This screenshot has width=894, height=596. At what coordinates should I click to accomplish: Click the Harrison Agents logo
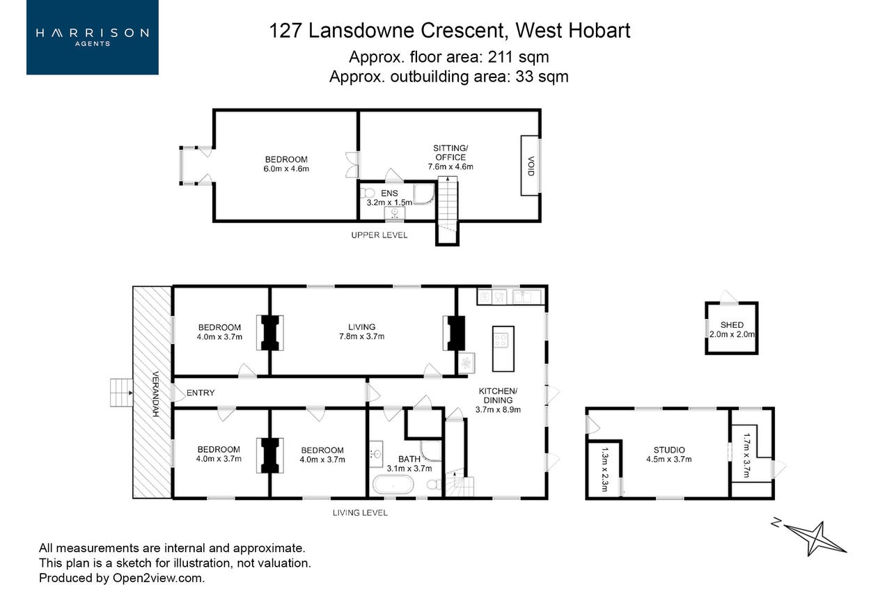(93, 37)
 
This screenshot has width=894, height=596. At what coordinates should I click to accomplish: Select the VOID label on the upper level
(531, 166)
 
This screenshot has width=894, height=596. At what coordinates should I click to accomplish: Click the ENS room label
(389, 193)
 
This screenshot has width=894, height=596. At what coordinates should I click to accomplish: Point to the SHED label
(732, 325)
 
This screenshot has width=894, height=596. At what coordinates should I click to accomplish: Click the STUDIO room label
(669, 450)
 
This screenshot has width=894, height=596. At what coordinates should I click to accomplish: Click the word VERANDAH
(156, 394)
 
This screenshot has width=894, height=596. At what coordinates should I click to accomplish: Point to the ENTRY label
(201, 393)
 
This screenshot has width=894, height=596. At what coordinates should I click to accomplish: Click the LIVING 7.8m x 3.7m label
(361, 331)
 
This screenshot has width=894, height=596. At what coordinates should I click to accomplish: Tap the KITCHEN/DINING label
(498, 400)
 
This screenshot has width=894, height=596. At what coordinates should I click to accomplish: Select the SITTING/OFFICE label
(450, 157)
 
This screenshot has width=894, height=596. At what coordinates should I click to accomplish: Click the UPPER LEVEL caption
(379, 235)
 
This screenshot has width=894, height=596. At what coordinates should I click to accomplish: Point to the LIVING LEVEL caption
(360, 512)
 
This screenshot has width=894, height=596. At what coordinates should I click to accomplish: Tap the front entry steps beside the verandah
(121, 393)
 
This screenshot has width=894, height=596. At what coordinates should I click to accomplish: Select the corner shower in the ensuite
(424, 194)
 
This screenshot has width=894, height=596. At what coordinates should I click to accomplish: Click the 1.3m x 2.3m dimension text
(604, 469)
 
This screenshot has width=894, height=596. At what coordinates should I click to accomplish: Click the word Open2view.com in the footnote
(159, 578)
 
